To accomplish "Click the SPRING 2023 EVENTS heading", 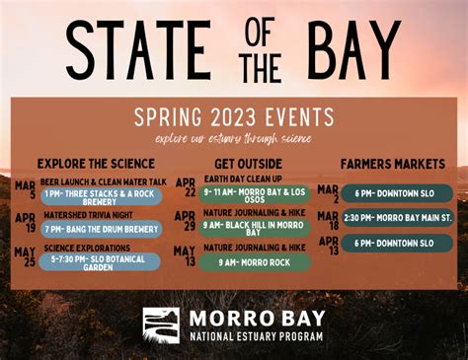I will pos(234,116).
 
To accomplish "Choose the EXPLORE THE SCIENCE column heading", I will pos(96,163).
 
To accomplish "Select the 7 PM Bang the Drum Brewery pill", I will pos(101,229).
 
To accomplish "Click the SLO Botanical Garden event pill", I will pos(101,263).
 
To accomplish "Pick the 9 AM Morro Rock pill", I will pos(255,263).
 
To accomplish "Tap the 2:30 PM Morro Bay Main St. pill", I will pos(398,217).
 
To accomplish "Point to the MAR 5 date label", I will pos(25,189).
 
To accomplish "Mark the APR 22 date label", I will pos(185,187).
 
